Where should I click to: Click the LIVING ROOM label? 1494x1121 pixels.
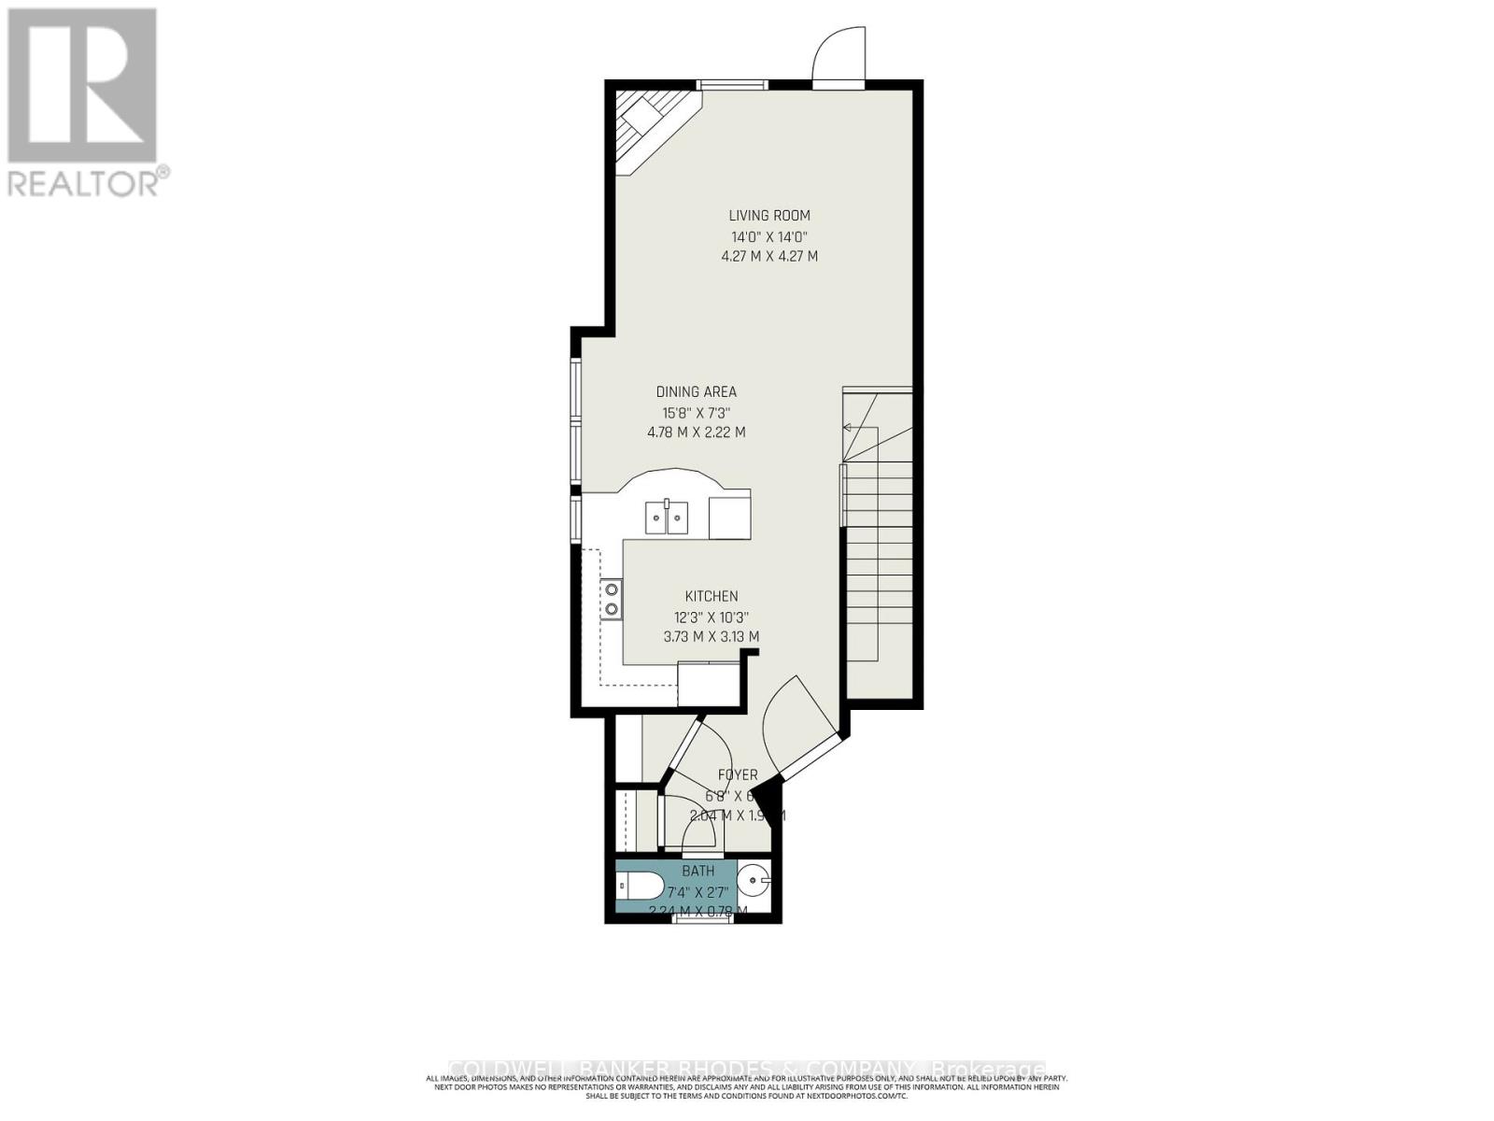769,216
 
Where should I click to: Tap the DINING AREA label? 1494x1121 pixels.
696,392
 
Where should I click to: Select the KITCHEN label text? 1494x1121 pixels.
712,596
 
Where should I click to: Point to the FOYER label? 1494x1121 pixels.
738,775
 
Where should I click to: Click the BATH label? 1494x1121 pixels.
698,871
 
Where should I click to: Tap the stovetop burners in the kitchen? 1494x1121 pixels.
612,599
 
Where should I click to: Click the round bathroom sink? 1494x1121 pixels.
754,879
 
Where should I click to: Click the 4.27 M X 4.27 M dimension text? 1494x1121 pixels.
769,256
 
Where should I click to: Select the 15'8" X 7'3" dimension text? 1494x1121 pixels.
696,413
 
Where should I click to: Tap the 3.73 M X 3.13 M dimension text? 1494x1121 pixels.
712,637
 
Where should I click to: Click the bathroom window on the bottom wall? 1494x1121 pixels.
703,918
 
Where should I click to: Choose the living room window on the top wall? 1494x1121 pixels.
734,85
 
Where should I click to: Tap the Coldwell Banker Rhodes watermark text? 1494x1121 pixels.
747,1069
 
